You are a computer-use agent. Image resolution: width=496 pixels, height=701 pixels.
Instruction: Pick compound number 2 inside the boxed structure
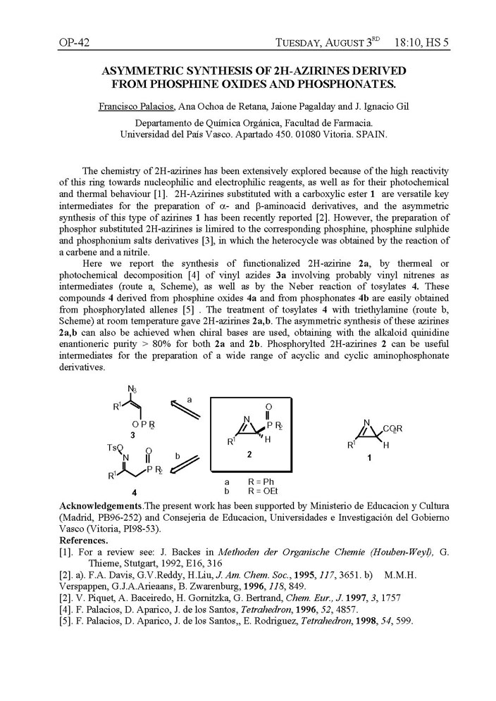248,455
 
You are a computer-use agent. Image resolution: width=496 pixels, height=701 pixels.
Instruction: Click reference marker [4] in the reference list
68,609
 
